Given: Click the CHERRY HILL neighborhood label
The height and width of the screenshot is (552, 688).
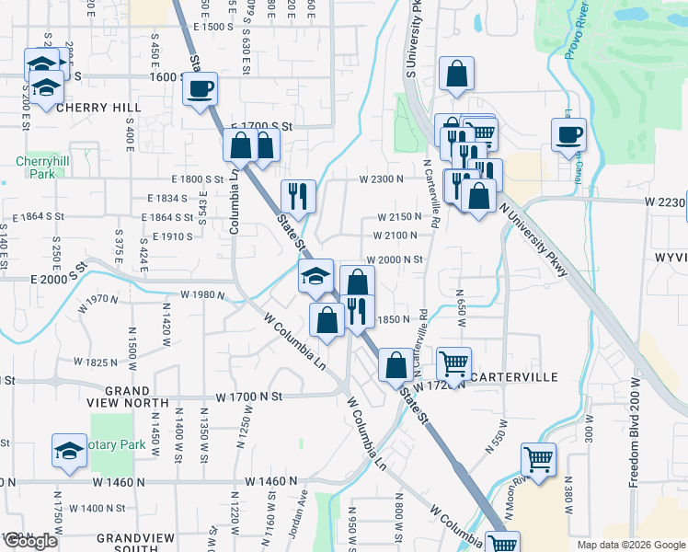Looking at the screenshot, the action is (x=86, y=108).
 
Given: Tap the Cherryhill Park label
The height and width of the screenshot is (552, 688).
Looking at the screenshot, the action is (x=38, y=167).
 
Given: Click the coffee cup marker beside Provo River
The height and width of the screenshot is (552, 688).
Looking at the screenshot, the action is (x=568, y=134).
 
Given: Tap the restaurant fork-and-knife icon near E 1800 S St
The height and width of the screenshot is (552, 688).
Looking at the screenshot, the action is (x=298, y=195).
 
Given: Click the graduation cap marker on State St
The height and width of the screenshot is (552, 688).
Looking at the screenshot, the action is (x=315, y=275).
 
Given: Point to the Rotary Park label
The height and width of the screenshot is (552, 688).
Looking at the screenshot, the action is (x=120, y=444).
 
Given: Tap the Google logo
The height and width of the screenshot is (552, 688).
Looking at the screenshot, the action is (x=30, y=541).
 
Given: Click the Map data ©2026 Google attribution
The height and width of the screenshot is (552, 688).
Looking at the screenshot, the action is (x=630, y=545).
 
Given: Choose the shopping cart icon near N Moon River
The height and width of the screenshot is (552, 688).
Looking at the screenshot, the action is (x=537, y=457).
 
